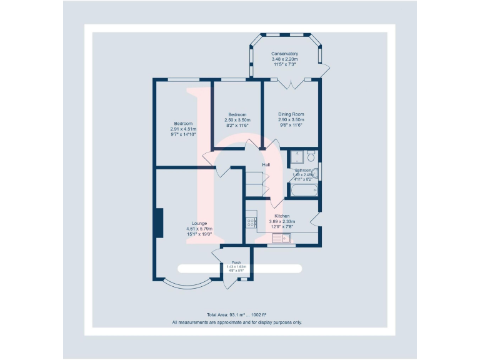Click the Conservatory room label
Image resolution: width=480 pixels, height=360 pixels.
pos(284,54)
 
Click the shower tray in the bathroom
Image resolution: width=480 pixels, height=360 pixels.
pos(297,156)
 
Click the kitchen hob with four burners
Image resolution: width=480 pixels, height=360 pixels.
pos(252,222)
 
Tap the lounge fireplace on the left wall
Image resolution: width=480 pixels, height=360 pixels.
pos(159,223)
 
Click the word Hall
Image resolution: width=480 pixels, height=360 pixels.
pos(266,164)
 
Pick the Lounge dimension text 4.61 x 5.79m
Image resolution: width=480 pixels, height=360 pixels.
pos(199,229)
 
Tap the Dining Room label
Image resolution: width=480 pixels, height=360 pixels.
pos(291,114)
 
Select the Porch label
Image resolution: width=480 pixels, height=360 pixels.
pos(236,262)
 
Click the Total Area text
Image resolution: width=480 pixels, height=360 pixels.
pos(237,314)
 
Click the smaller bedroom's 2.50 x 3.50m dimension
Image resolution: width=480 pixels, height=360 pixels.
pos(237,120)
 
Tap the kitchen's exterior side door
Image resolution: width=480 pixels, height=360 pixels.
pos(316,219)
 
